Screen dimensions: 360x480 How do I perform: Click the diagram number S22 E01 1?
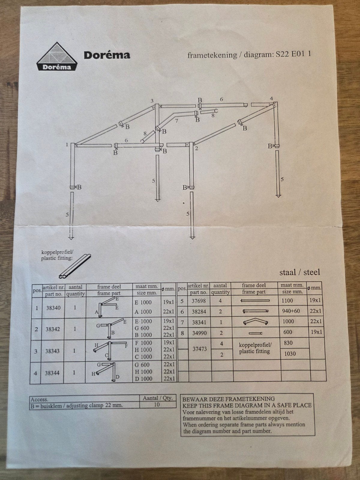293,54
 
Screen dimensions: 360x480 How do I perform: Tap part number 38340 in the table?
53,308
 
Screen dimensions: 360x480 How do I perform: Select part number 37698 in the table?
199,301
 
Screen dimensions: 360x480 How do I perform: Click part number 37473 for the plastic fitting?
199,349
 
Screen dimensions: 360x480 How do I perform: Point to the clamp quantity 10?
157,405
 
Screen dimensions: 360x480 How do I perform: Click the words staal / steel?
299,272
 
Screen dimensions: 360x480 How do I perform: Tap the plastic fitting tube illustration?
75,266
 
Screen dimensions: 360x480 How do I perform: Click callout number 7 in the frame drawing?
176,121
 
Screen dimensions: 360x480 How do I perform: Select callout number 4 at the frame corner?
271,99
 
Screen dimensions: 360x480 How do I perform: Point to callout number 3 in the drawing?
152,101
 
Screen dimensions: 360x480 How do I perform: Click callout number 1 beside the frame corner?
67,145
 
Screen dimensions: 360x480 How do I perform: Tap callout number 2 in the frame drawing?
196,148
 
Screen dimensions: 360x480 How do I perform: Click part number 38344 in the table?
52,373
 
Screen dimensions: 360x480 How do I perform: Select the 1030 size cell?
290,354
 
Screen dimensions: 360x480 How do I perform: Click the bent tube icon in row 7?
256,322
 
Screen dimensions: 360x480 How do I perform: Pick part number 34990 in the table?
199,333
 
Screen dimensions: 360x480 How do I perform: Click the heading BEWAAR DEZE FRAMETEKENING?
229,399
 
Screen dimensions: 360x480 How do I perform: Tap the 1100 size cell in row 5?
287,301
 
